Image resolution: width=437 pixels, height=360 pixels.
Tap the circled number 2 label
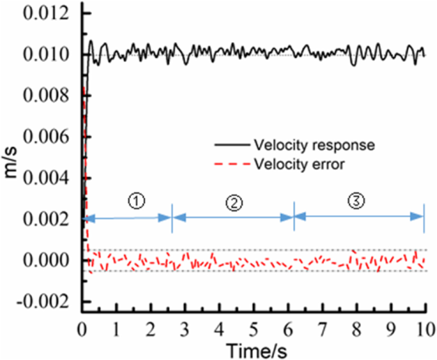pyautogui.click(x=234, y=202)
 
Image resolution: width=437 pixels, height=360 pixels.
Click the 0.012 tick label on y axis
pyautogui.click(x=46, y=13)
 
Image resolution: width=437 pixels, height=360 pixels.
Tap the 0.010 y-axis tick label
pyautogui.click(x=46, y=55)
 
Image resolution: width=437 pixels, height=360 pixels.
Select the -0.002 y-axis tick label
pyautogui.click(x=43, y=301)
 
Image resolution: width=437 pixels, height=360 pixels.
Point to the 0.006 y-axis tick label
pyautogui.click(x=46, y=137)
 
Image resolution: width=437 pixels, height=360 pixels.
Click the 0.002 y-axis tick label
pyautogui.click(x=46, y=219)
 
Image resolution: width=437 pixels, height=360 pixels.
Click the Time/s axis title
pyautogui.click(x=253, y=349)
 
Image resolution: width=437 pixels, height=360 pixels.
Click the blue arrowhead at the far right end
pyautogui.click(x=419, y=218)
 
